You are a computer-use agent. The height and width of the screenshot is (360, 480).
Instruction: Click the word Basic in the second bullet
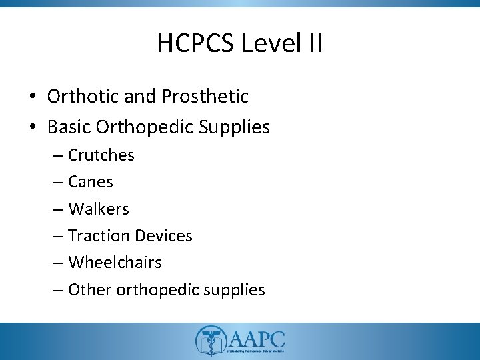click(x=67, y=127)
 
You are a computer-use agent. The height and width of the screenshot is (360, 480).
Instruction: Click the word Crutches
click(x=101, y=155)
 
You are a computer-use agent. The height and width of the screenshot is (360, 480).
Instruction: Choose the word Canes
click(x=91, y=182)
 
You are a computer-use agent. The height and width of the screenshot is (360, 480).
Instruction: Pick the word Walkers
click(x=99, y=209)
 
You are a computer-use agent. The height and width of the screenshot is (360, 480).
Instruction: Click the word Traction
click(x=100, y=236)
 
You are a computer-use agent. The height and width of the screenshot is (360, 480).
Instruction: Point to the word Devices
click(x=164, y=236)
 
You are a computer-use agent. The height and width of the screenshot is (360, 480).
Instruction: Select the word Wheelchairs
click(x=115, y=263)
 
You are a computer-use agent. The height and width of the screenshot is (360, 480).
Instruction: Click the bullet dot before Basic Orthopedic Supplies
click(x=33, y=127)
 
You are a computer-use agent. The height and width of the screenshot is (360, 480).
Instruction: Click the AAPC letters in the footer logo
click(x=257, y=336)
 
